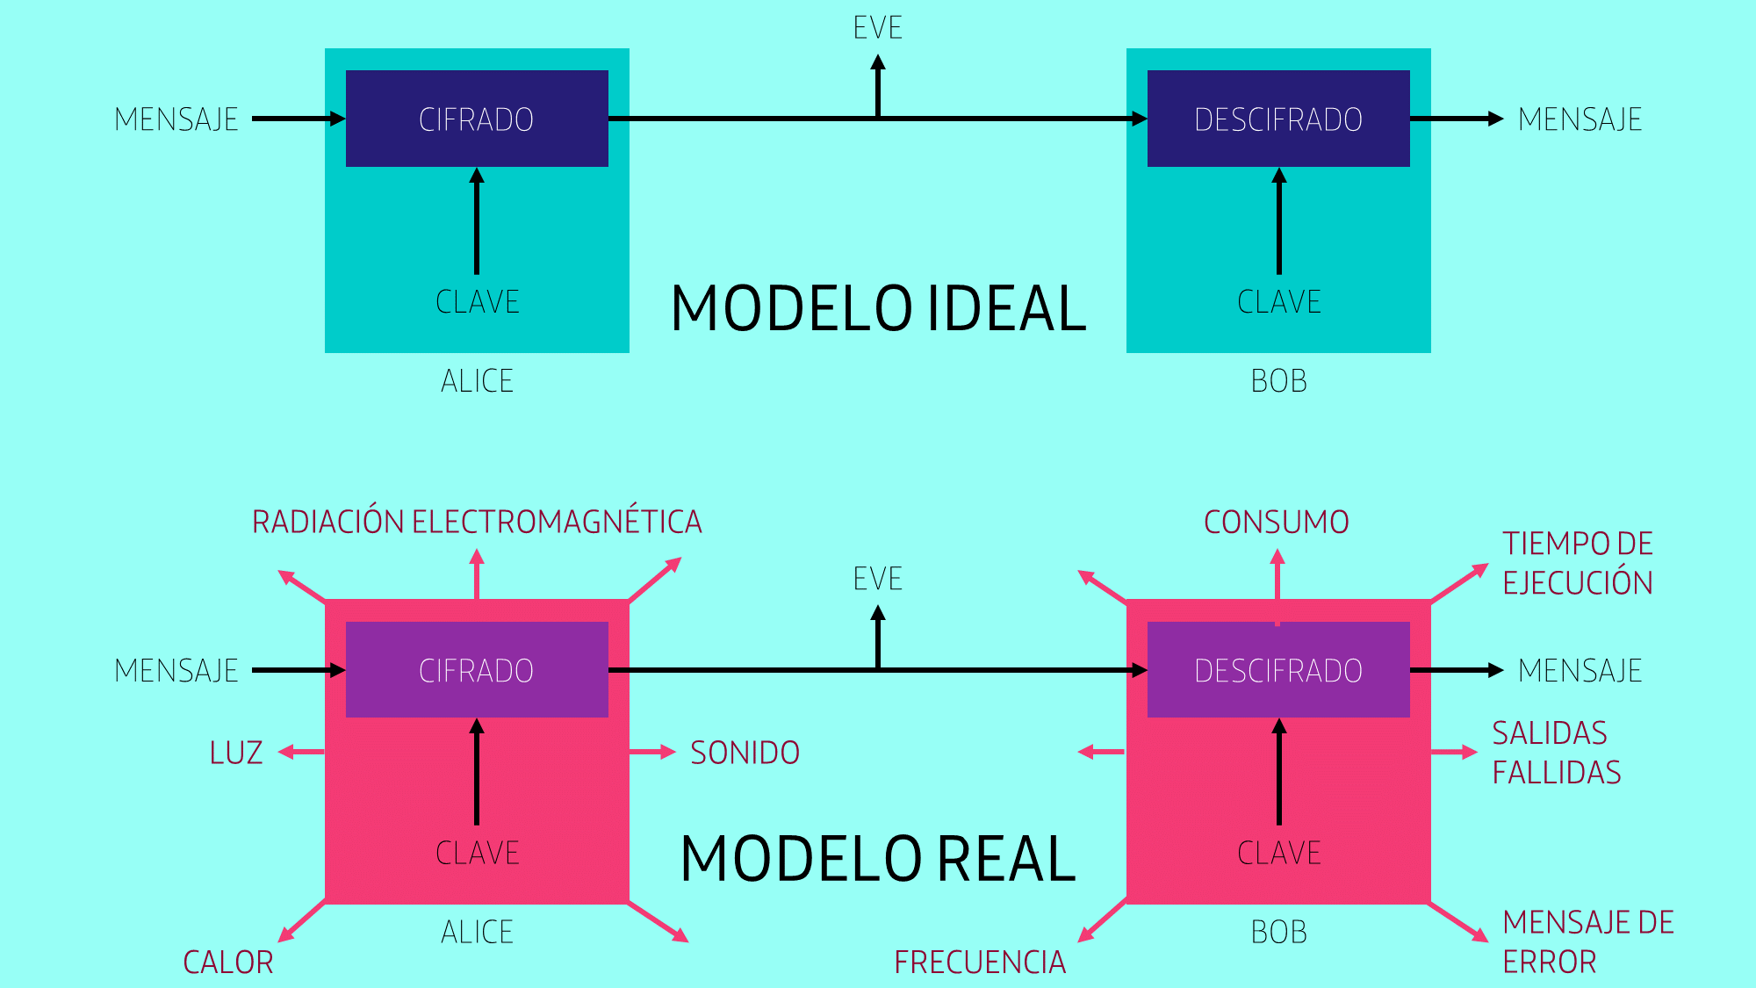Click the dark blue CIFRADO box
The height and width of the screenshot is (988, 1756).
point(477,119)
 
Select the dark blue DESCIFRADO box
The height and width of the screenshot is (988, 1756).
point(1278,119)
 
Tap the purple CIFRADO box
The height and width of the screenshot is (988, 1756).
point(477,669)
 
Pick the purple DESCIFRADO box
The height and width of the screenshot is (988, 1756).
point(1278,669)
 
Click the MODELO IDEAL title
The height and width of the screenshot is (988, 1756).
point(879,308)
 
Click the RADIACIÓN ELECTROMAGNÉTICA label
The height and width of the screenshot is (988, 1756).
point(477,522)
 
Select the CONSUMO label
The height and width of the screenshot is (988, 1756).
point(1276,523)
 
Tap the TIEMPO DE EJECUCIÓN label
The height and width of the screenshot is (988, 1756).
point(1578,563)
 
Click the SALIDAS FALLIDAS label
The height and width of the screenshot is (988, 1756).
point(1557,753)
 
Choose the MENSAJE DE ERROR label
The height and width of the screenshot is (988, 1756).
point(1588,942)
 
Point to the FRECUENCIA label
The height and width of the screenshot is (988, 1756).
point(980,963)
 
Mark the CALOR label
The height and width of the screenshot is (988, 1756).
point(228,963)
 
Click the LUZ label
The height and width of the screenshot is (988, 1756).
point(236,753)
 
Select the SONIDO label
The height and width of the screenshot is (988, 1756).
point(745,753)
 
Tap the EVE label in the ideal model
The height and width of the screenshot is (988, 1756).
point(878,28)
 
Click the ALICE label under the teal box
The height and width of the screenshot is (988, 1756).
point(477,381)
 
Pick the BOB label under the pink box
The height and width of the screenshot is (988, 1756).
point(1278,932)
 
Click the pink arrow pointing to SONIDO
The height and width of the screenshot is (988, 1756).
point(652,752)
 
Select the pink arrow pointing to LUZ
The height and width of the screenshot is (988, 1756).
point(301,752)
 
